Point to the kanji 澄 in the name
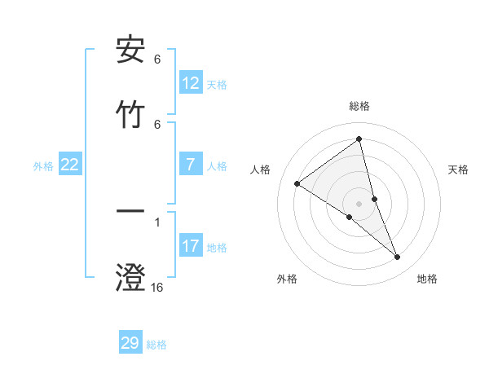click(x=130, y=277)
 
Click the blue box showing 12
click(x=191, y=83)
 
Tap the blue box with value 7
click(x=191, y=165)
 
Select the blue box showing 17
click(x=191, y=246)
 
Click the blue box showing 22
click(x=70, y=165)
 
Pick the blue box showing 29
click(x=130, y=343)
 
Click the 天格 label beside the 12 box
click(x=217, y=84)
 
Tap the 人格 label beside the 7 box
click(x=217, y=165)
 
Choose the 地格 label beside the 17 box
click(x=217, y=247)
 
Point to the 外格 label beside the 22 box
click(x=43, y=165)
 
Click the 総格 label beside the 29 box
click(x=156, y=344)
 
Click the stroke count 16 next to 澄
click(x=157, y=287)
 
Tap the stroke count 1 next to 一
click(x=157, y=221)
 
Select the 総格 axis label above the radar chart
click(x=359, y=106)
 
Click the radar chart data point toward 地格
click(x=398, y=258)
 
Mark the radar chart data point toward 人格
click(x=297, y=183)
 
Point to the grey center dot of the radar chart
click(x=359, y=203)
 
